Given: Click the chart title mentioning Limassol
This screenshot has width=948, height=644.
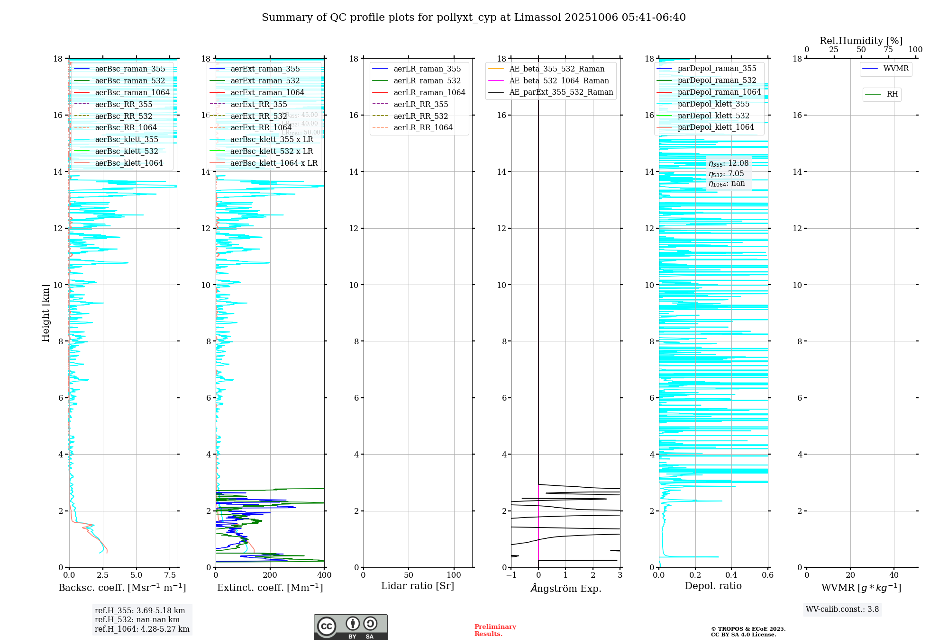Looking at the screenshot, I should (x=474, y=18).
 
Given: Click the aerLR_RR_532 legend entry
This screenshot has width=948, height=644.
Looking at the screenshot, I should (x=420, y=116).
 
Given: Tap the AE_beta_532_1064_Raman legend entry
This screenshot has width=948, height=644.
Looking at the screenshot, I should (x=559, y=80).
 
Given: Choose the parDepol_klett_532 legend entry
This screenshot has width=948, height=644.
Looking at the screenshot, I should (x=713, y=116).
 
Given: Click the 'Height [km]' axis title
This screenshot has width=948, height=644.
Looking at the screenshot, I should (x=46, y=313).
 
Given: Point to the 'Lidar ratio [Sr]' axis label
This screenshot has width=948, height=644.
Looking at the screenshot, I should (x=417, y=586).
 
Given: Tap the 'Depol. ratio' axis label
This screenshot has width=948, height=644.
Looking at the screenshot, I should (x=713, y=586).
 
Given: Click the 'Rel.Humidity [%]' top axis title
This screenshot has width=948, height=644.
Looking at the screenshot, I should (x=861, y=41).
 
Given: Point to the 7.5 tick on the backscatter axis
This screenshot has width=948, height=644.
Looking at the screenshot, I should (x=170, y=575).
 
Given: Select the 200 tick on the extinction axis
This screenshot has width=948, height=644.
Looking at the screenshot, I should (x=270, y=575).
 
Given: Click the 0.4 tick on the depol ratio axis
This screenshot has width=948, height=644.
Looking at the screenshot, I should (x=731, y=575).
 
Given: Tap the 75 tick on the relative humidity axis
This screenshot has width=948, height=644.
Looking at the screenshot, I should (x=888, y=50).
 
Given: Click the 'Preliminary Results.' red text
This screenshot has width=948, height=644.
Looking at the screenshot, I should (x=495, y=630).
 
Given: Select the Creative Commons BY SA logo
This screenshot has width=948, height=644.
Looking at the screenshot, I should (x=350, y=627).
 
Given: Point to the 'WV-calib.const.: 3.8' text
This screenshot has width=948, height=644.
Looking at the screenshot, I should (x=842, y=609).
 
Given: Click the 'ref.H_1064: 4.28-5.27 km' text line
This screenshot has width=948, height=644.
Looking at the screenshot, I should (x=142, y=629).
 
